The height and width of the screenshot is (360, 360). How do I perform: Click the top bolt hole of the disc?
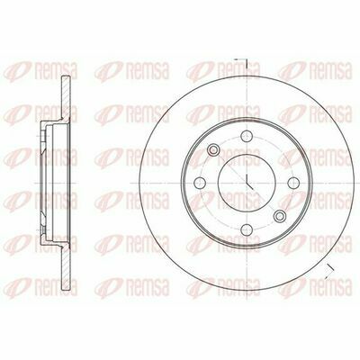tap(247, 136)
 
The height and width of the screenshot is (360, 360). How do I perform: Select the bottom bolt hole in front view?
tap(247, 229)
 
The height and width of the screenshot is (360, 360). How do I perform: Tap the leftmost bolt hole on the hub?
tap(200, 183)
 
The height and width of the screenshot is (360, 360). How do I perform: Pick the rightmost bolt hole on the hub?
tap(293, 183)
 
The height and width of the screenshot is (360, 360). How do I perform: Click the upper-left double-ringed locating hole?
tap(213, 149)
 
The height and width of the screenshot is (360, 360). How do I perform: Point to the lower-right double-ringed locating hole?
tap(280, 216)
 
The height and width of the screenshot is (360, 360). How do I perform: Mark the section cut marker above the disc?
tap(243, 62)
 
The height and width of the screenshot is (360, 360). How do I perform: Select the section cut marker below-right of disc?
tap(329, 270)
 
